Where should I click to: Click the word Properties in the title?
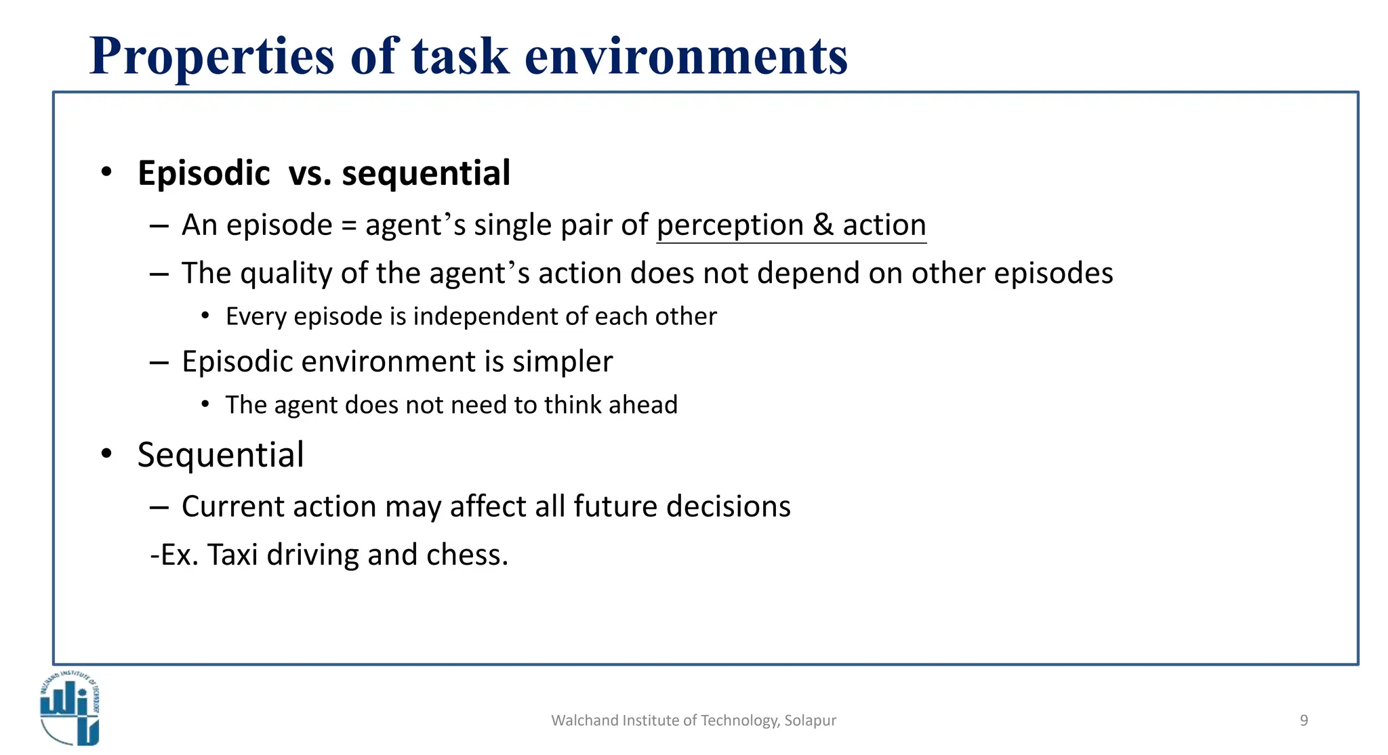click(x=212, y=57)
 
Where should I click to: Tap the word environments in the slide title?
click(x=686, y=57)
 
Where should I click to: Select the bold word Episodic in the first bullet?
click(x=204, y=173)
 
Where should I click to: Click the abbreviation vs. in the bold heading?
click(x=310, y=173)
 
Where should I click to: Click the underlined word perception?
click(x=730, y=225)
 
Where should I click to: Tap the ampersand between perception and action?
click(x=823, y=225)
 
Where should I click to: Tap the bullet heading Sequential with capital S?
click(x=220, y=455)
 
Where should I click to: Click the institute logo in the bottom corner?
click(x=69, y=708)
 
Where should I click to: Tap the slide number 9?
click(x=1303, y=720)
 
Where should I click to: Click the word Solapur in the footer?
click(x=810, y=720)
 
